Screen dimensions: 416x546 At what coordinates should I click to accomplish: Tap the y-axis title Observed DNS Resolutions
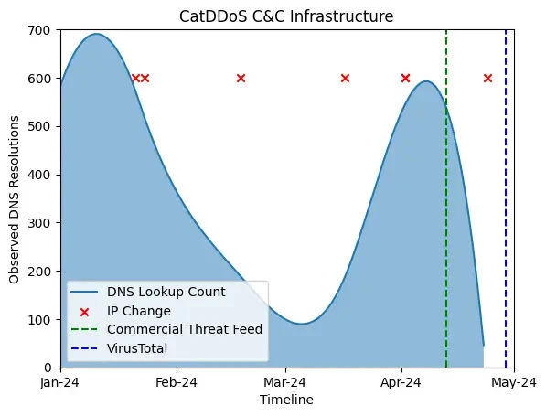pyautogui.click(x=15, y=198)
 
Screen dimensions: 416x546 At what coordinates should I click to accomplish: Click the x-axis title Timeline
pyautogui.click(x=286, y=400)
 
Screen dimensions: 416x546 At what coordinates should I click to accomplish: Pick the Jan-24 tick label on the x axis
pyautogui.click(x=60, y=383)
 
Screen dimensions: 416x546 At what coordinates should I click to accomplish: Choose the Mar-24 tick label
pyautogui.click(x=284, y=383)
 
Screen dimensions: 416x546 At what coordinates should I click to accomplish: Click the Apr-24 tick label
pyautogui.click(x=401, y=383)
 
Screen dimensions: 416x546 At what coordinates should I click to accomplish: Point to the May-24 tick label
pyautogui.click(x=513, y=383)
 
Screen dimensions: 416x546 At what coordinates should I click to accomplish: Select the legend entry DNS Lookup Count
pyautogui.click(x=166, y=293)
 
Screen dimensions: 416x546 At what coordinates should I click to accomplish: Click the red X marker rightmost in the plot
pyautogui.click(x=487, y=78)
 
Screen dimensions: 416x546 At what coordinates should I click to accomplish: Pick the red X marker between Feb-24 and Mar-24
pyautogui.click(x=241, y=78)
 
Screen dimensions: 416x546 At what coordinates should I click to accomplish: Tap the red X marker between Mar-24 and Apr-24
pyautogui.click(x=345, y=78)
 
